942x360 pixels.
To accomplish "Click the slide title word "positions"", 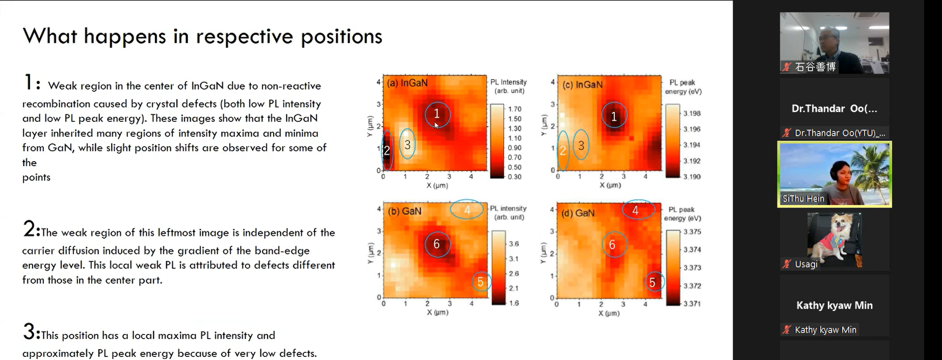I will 341,37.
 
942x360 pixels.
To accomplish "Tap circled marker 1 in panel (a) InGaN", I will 437,113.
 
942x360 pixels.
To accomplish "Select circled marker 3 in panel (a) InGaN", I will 407,145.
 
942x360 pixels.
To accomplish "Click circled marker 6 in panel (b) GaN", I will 437,244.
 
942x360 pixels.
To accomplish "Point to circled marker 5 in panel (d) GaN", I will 652,282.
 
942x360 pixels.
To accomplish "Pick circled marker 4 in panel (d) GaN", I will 636,210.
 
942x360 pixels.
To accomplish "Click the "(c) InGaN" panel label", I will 582,85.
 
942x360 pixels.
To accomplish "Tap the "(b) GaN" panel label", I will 404,211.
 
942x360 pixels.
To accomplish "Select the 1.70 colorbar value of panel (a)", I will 514,109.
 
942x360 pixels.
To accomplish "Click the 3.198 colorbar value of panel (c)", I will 692,113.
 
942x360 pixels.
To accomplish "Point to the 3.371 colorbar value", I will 692,304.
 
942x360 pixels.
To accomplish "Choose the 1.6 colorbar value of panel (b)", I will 513,303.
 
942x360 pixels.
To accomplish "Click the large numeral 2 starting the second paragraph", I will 29,229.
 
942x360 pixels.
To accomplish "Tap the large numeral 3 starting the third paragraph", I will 29,332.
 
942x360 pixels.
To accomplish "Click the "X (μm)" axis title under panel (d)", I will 609,313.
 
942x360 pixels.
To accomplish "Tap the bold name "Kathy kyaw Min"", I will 834,305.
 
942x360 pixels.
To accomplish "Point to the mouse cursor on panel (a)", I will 436,125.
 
